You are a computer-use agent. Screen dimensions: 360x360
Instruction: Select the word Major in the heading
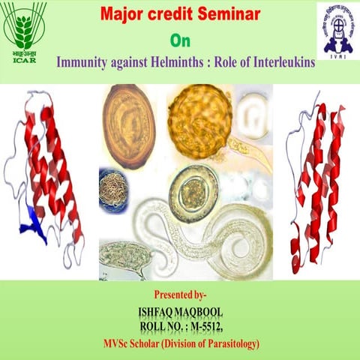[x=123, y=16]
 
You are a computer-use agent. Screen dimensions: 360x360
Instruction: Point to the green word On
[x=180, y=40]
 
